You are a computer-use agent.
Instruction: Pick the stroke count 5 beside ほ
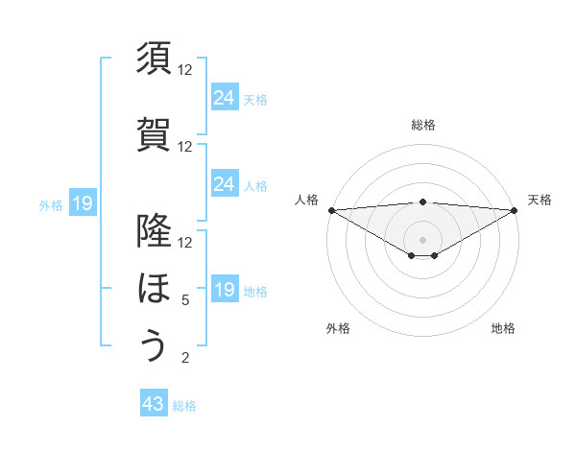[185, 300]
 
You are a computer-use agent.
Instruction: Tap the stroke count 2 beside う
[185, 358]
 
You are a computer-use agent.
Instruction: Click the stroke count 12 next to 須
[185, 70]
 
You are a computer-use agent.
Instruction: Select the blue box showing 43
[154, 404]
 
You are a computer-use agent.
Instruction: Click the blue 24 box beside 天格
[224, 97]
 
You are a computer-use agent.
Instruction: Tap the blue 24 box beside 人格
[224, 183]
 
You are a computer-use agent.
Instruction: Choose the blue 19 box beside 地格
[224, 289]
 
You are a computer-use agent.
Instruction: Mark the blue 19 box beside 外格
[82, 202]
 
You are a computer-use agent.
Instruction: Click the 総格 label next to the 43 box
[184, 406]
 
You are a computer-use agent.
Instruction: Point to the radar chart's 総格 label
[422, 125]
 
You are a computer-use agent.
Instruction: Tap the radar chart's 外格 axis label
[338, 328]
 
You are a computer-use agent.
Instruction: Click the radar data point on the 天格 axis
[515, 210]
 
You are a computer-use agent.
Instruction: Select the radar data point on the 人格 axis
[330, 210]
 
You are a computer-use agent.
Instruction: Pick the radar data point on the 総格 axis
[422, 202]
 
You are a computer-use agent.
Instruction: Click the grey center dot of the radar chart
[422, 239]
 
